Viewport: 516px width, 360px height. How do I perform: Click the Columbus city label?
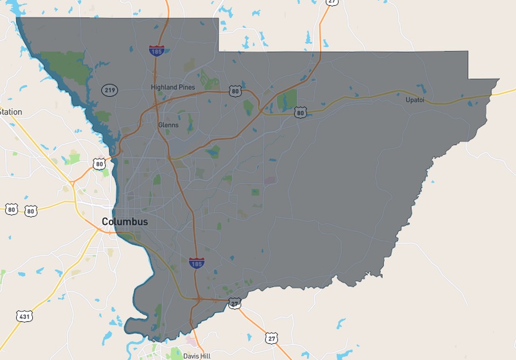click(x=125, y=222)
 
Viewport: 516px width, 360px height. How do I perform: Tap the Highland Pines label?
click(x=173, y=88)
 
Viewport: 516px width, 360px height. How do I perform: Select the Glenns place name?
click(x=168, y=125)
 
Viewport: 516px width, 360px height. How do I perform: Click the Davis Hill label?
click(x=196, y=356)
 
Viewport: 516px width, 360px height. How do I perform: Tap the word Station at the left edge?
click(x=11, y=112)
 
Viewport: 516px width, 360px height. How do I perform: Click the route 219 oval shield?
click(x=109, y=90)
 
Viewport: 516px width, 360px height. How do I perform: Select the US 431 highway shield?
click(x=24, y=316)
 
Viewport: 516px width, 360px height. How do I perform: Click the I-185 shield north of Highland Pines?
click(x=156, y=51)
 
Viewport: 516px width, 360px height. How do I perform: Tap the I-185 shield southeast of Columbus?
click(x=196, y=263)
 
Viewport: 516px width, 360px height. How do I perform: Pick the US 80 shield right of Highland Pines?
click(x=234, y=91)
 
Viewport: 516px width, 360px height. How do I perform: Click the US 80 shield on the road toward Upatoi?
click(x=300, y=112)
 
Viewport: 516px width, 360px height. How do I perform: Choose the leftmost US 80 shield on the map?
click(x=11, y=209)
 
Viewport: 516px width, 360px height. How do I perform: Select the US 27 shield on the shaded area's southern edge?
click(x=234, y=303)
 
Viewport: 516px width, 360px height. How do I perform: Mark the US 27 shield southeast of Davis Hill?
click(x=271, y=338)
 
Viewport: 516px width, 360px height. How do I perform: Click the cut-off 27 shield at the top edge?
click(x=332, y=2)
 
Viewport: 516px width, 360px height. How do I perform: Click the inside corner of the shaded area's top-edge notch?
click(x=219, y=51)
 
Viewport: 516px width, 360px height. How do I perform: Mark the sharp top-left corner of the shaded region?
click(x=17, y=18)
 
